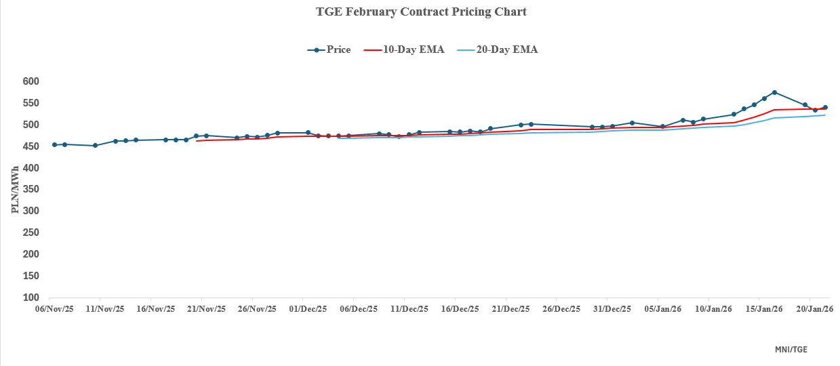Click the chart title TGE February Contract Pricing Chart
421,12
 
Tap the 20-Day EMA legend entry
498,49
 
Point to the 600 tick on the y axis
31,81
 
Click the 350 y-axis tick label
31,190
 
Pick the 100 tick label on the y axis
31,298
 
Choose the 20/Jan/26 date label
814,309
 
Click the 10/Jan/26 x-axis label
713,309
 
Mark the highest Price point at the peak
774,92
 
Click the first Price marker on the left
54,144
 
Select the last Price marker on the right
825,107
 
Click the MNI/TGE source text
791,350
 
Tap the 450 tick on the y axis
31,146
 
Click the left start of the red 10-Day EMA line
197,141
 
